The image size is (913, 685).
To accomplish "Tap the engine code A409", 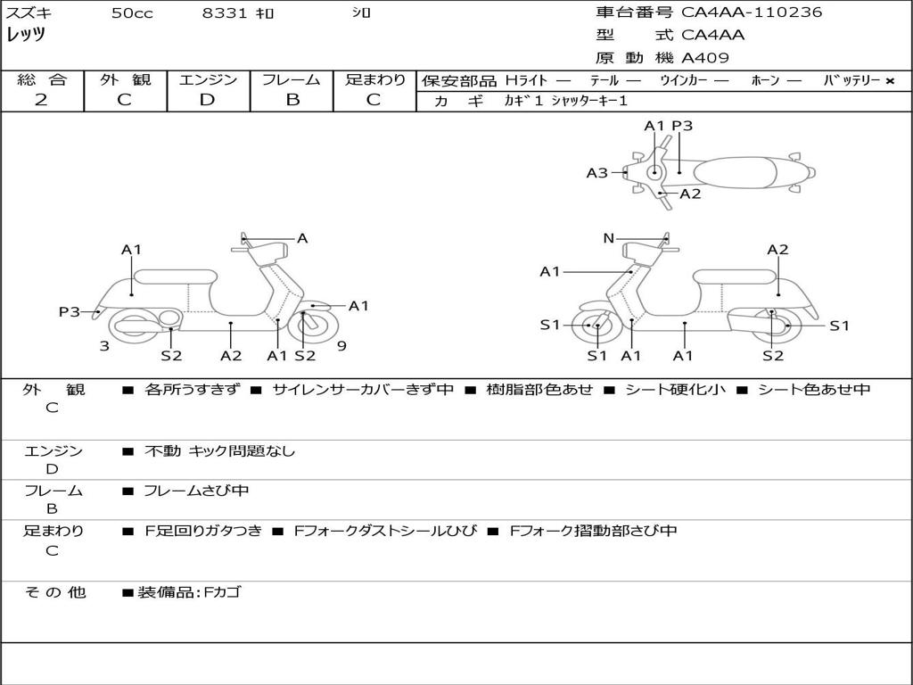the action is [705, 58].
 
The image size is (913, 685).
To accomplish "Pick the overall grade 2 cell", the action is [41, 100].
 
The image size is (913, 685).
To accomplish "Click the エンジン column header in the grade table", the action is [208, 79].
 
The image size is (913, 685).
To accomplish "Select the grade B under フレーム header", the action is [292, 100].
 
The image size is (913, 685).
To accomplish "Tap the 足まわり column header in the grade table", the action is [375, 79].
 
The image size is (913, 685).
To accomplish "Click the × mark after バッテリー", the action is [889, 81].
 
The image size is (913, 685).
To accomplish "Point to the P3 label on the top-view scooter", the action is [682, 126].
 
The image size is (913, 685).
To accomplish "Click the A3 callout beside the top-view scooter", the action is [596, 173].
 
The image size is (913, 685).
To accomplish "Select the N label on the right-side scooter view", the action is [608, 238].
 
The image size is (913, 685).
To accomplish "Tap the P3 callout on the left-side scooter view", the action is [70, 311].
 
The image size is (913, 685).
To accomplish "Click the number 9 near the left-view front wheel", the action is [341, 346].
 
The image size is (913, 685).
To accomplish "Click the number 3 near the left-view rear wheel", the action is [104, 346].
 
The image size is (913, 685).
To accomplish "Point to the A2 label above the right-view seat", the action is [777, 250].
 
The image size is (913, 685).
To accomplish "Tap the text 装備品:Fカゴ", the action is [189, 592].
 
